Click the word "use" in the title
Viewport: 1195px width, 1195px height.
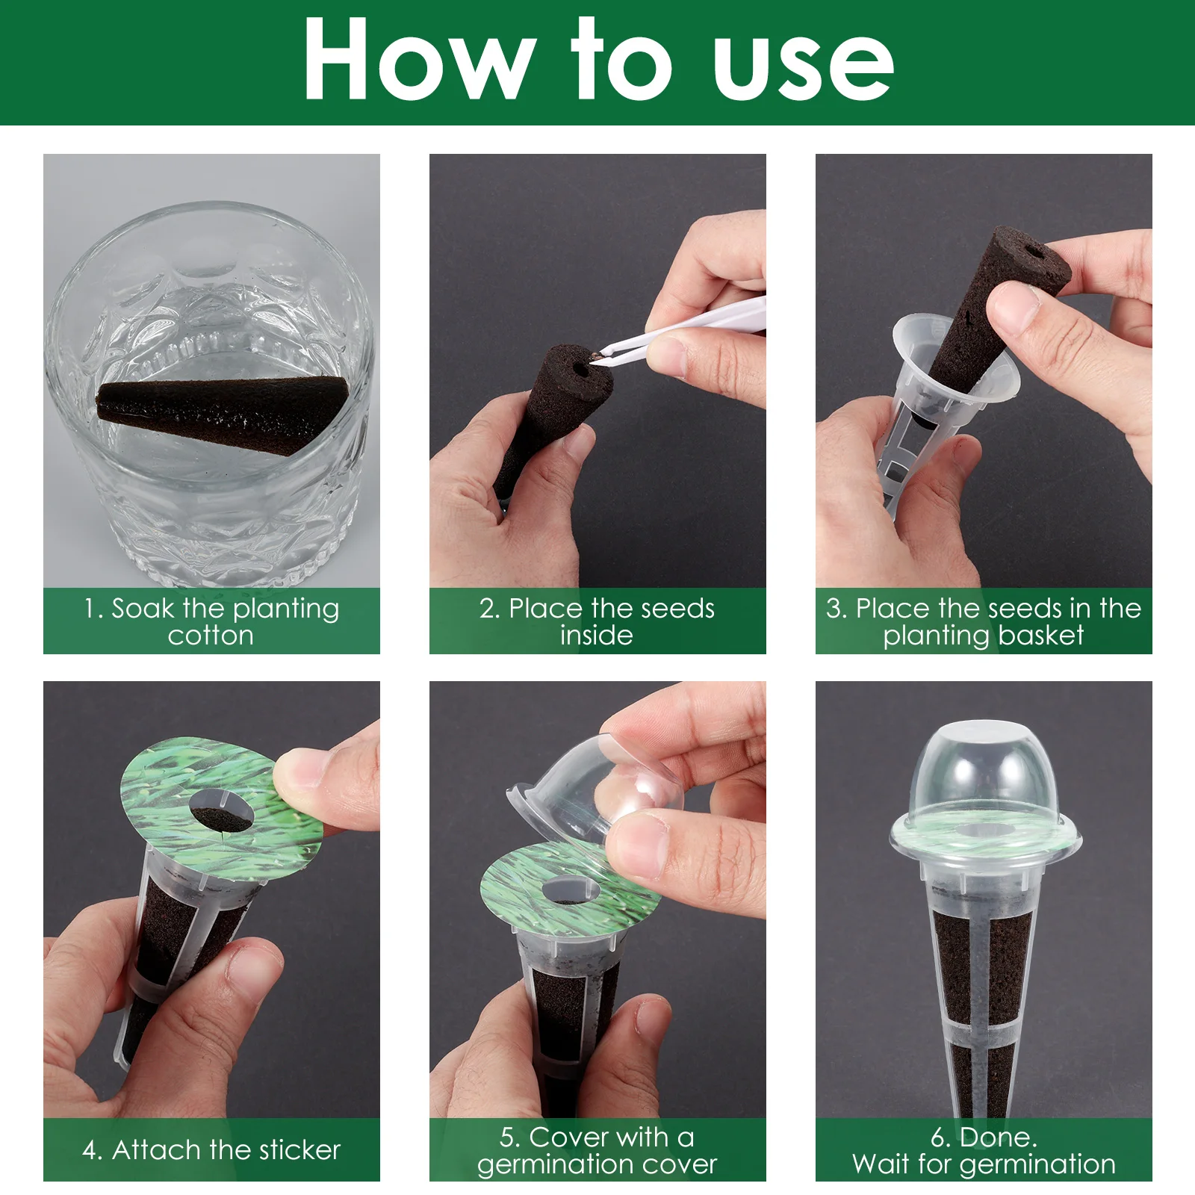[x=804, y=66]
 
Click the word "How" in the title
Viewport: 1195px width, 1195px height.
[x=419, y=58]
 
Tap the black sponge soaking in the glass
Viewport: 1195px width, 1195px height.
[x=222, y=412]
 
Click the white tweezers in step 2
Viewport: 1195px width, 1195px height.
[x=683, y=326]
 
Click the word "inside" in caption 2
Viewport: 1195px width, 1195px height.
[x=597, y=636]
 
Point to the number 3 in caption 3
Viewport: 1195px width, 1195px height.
[x=834, y=609]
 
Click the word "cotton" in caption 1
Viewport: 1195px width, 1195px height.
[x=211, y=636]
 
